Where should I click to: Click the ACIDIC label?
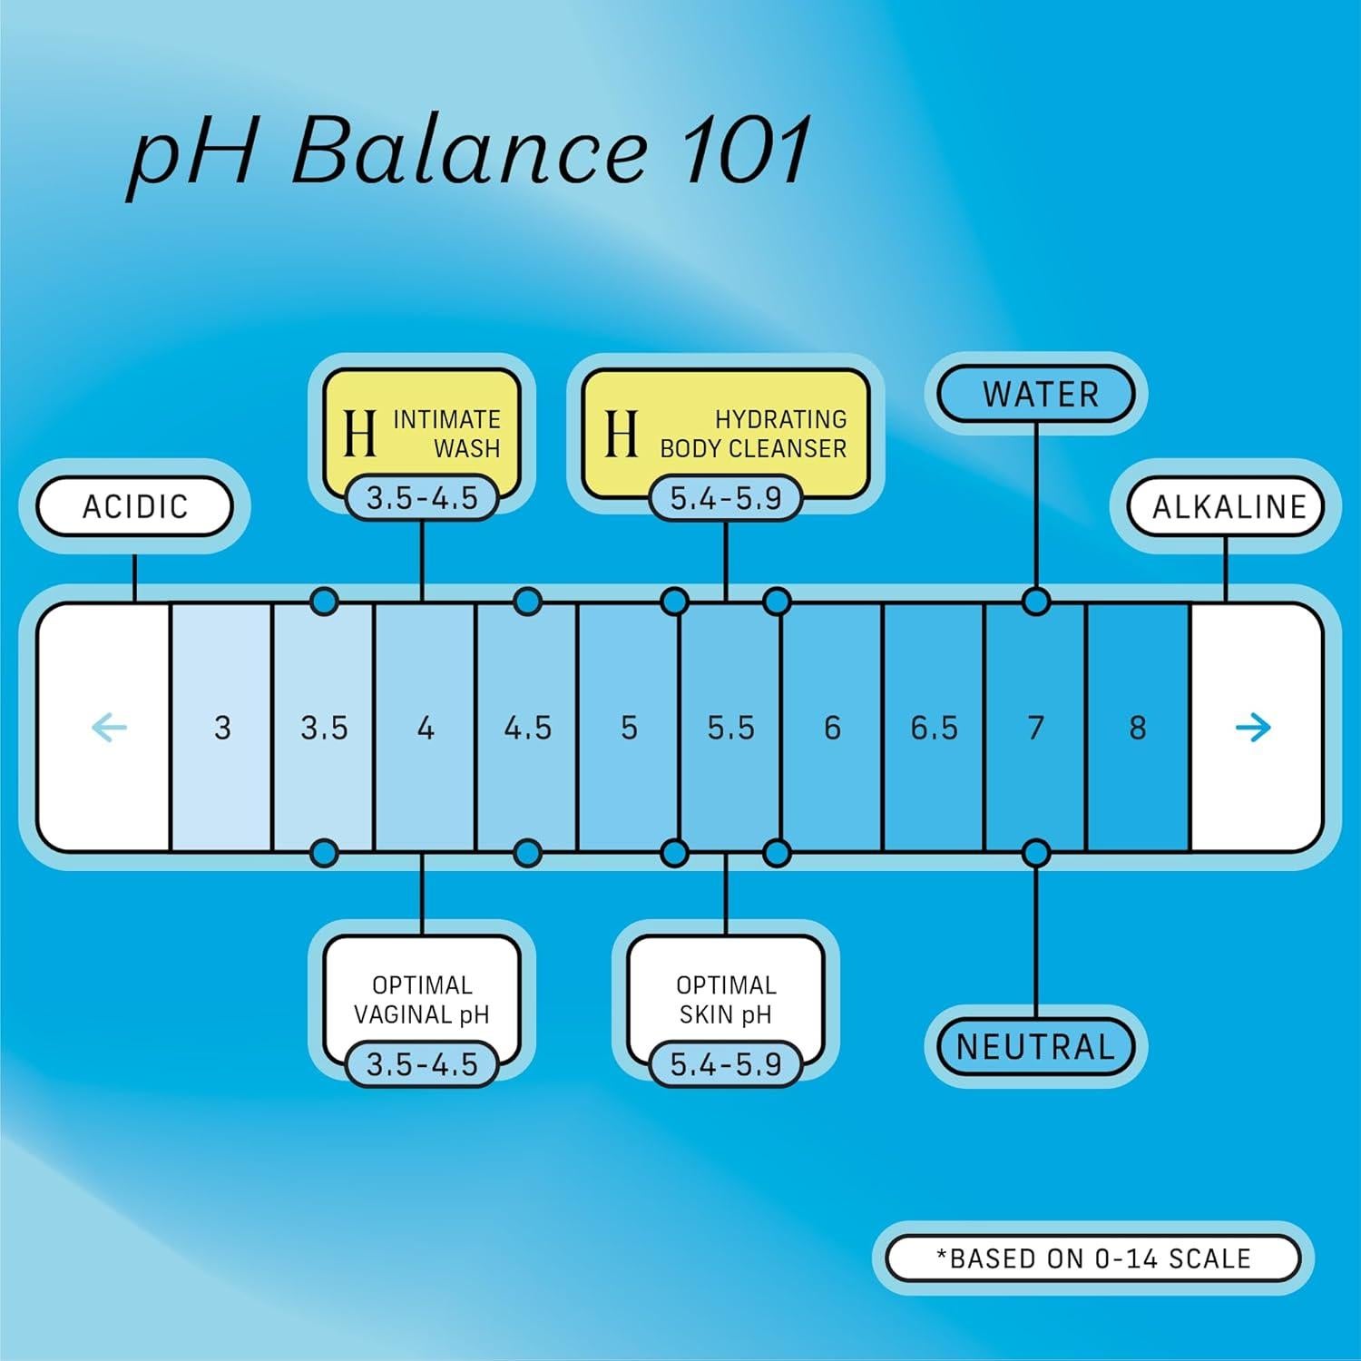[134, 506]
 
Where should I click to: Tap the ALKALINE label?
[1228, 506]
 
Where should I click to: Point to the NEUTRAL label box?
[1035, 1047]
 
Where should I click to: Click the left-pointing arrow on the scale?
[110, 727]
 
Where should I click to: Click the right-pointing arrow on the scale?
[1253, 727]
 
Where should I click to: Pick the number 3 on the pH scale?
[222, 728]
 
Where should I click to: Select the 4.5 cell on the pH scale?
[527, 728]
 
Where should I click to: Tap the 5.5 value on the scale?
[730, 728]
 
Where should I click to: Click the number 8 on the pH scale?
[1137, 728]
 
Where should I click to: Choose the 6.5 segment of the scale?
[934, 728]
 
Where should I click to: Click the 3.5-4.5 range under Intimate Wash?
[422, 498]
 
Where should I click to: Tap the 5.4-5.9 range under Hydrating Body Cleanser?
[726, 498]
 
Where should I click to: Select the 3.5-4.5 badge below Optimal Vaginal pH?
[422, 1063]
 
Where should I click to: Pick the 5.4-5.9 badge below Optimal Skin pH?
[726, 1063]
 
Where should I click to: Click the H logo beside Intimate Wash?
[359, 433]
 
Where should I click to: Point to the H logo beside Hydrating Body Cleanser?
[622, 433]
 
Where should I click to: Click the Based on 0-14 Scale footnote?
[1093, 1258]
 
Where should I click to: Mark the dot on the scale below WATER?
[1035, 602]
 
